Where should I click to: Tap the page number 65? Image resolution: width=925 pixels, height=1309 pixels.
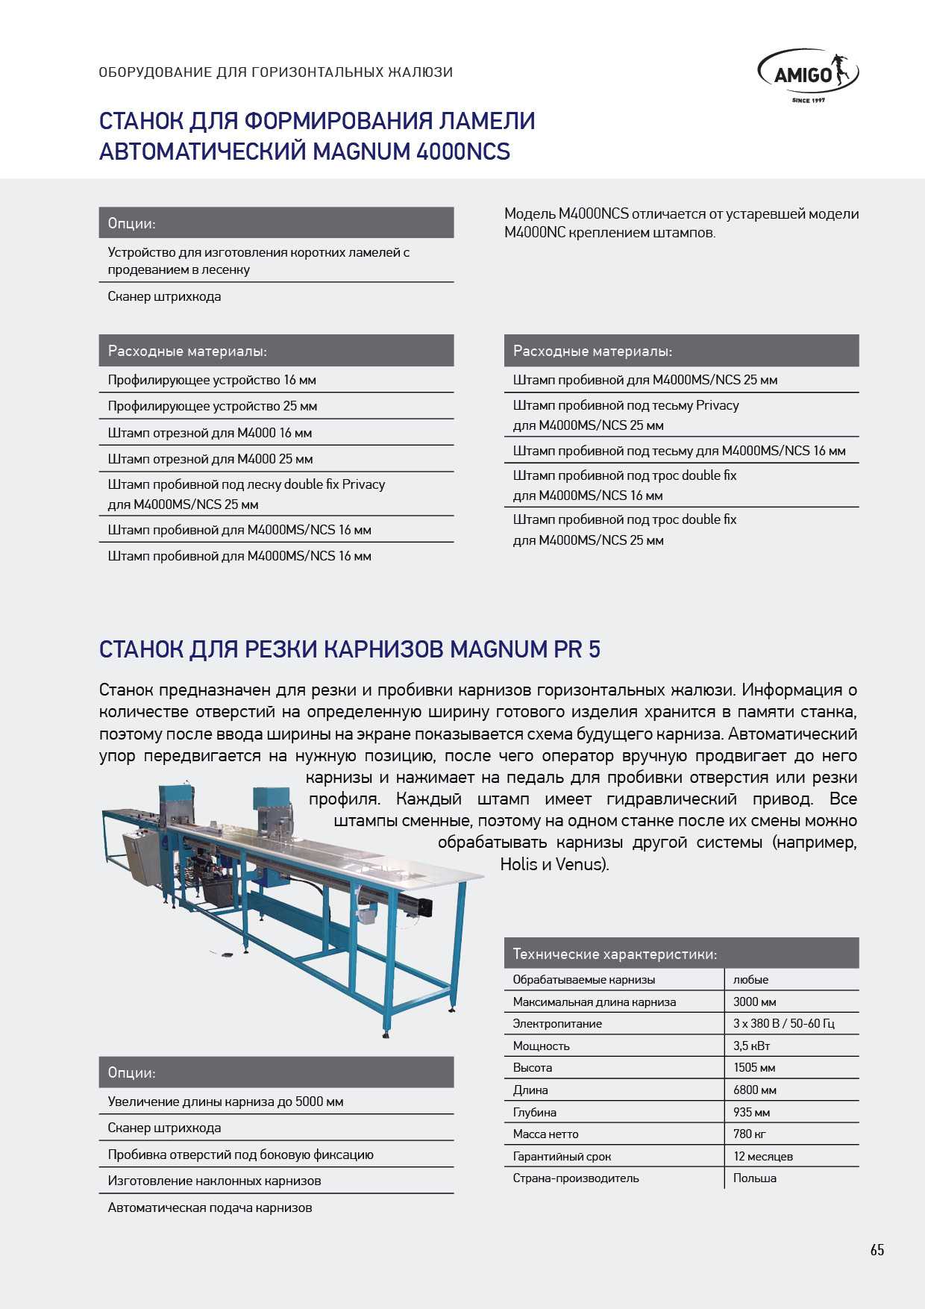[x=877, y=1250]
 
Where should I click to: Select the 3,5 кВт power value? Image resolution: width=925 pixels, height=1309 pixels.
[x=751, y=1046]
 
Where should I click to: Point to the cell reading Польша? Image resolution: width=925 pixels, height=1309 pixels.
[x=754, y=1178]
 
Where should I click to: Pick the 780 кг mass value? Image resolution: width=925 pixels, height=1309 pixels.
[x=749, y=1134]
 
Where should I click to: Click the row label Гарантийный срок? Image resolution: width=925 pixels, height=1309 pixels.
[x=562, y=1156]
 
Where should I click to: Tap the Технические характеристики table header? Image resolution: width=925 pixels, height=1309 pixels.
[x=615, y=954]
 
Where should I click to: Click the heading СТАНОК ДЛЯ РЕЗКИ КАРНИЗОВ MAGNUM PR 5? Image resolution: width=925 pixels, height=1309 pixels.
[x=349, y=649]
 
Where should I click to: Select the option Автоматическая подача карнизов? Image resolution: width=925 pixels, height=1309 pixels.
[x=210, y=1207]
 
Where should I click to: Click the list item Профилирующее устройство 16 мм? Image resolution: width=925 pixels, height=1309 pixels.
[x=212, y=380]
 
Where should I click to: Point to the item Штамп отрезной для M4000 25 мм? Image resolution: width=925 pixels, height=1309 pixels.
[x=210, y=459]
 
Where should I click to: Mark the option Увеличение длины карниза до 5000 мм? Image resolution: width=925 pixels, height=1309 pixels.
[x=225, y=1102]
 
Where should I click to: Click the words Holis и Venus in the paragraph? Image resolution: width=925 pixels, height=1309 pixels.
[x=554, y=864]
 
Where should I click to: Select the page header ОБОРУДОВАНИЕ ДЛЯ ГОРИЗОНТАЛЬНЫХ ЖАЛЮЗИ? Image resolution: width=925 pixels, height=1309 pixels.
[x=275, y=72]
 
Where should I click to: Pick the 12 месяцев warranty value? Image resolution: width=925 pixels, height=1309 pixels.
[x=762, y=1156]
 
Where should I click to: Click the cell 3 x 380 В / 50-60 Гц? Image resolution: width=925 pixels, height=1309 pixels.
[x=783, y=1023]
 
